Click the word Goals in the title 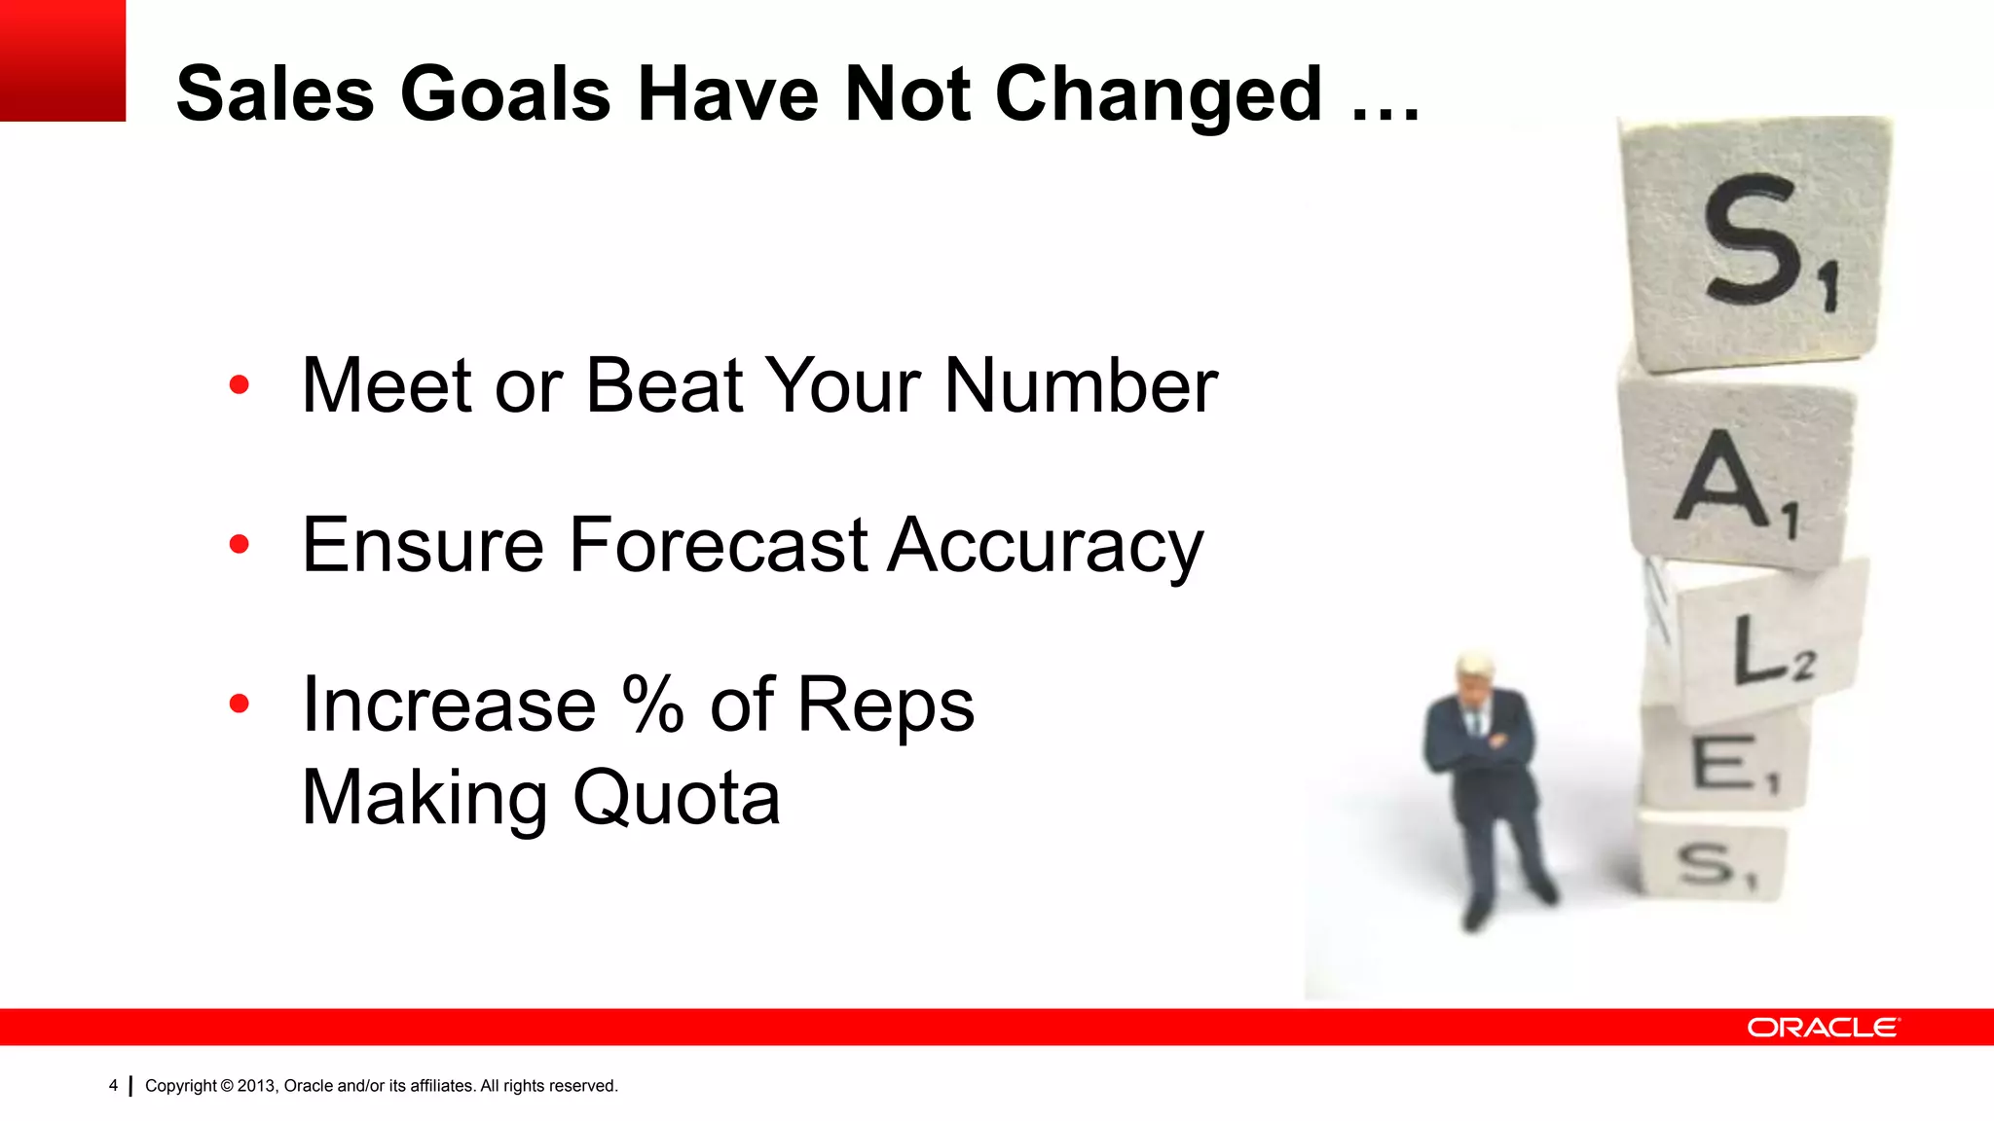tap(505, 94)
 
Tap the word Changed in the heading tap(1158, 94)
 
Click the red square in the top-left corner tap(62, 60)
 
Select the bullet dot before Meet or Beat tap(240, 385)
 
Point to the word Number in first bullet tap(1081, 385)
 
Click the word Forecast tap(719, 545)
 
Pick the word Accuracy tap(1046, 545)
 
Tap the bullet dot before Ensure tap(240, 545)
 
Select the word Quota tap(677, 798)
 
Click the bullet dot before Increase tap(240, 704)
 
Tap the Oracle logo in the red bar tap(1822, 1028)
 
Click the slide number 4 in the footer tap(113, 1085)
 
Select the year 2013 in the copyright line tap(256, 1086)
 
